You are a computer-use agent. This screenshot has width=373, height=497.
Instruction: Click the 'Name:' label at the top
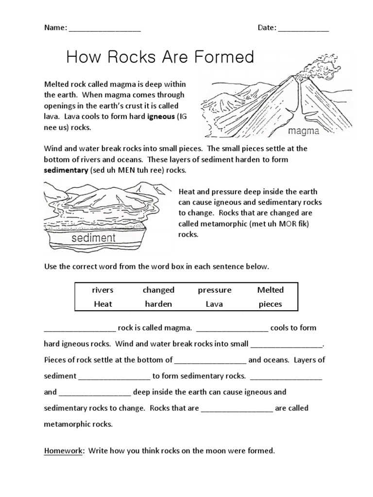tap(55, 28)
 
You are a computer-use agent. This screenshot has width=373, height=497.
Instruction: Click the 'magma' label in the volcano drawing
tap(303, 131)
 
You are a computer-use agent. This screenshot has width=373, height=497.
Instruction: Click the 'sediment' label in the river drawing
tap(94, 238)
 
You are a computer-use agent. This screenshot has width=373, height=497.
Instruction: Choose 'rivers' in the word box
tap(102, 290)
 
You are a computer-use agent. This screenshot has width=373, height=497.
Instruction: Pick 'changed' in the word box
tap(158, 290)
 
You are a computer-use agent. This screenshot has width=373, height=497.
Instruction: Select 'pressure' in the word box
tap(215, 290)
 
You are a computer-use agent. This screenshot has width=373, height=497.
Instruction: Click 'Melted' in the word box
tap(271, 290)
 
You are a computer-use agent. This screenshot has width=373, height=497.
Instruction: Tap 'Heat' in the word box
tap(102, 304)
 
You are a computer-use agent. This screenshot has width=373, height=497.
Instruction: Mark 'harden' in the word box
tap(158, 304)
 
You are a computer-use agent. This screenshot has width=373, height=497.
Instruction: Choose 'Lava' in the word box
tap(215, 304)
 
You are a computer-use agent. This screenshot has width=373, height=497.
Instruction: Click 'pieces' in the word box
tap(271, 304)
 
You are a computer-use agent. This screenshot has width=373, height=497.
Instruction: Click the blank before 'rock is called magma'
tap(80, 329)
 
